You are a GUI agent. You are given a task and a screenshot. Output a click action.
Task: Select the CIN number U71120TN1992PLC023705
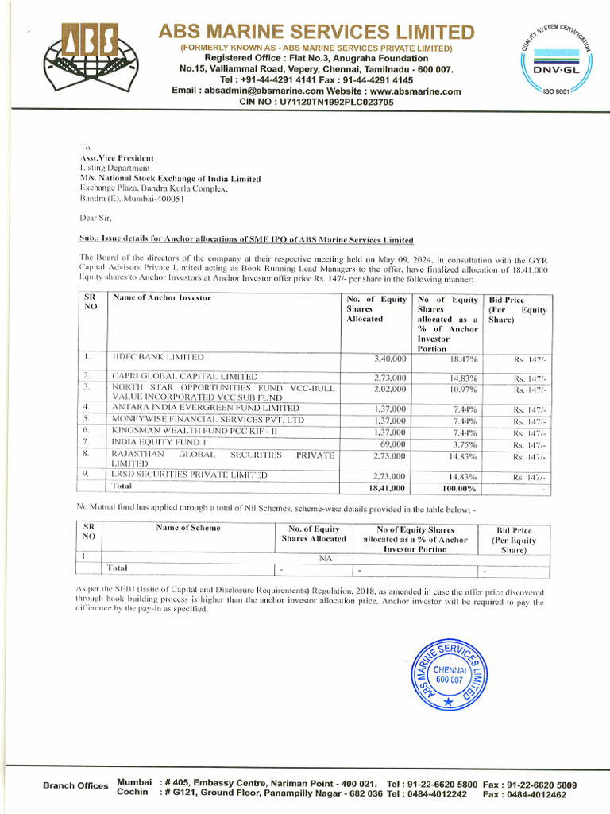tap(316, 103)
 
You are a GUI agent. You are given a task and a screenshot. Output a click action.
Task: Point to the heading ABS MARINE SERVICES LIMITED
tap(316, 32)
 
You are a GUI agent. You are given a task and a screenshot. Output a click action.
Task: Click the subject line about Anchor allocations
tap(246, 240)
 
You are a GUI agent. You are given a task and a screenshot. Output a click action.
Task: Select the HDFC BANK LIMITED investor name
tap(158, 358)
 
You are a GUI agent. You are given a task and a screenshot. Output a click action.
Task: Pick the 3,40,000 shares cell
tap(389, 359)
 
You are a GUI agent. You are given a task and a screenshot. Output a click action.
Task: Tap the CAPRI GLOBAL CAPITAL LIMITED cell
tap(184, 376)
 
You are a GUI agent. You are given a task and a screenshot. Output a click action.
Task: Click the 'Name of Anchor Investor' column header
tap(162, 298)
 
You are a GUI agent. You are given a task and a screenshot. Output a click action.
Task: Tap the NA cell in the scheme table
tap(325, 558)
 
